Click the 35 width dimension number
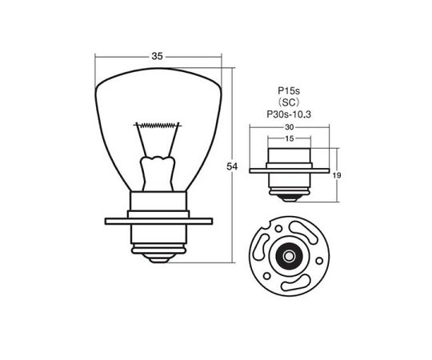tap(158, 57)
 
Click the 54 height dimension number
tap(232, 166)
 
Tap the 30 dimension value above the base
tap(290, 127)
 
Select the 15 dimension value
tap(290, 138)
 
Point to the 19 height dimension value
tap(337, 175)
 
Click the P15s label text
tap(289, 90)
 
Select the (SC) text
tap(289, 102)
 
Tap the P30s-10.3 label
tap(289, 114)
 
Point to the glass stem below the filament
tap(158, 174)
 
